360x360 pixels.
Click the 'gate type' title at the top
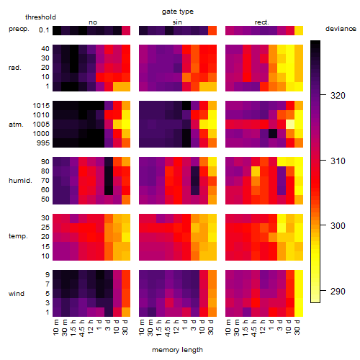[178, 12]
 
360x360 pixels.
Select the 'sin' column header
[177, 22]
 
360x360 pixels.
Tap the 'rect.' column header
[262, 22]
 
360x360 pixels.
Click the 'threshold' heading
[40, 17]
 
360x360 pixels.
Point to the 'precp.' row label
[19, 29]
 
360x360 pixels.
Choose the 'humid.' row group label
[20, 180]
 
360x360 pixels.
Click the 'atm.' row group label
[16, 125]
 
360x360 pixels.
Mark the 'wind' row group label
[17, 293]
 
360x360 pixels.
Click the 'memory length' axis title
[177, 350]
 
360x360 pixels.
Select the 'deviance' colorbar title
[341, 29]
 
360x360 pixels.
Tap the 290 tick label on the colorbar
[338, 292]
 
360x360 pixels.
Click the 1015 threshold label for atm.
[41, 106]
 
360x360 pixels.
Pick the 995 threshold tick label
[43, 143]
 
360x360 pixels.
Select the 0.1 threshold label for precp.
[44, 30]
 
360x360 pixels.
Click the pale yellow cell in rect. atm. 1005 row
[290, 125]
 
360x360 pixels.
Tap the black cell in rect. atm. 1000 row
[273, 134]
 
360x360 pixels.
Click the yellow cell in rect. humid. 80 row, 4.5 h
[256, 171]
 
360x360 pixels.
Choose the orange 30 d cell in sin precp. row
[212, 30]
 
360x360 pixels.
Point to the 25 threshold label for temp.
[45, 228]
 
